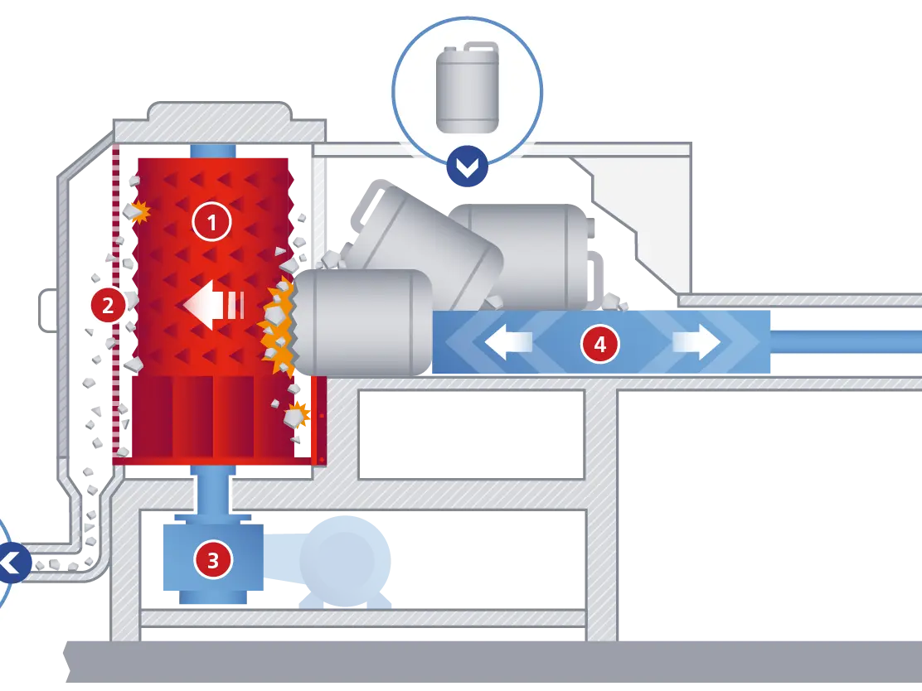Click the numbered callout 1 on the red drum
[x=211, y=222]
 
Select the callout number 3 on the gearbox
[x=212, y=561]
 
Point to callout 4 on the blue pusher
[x=599, y=344]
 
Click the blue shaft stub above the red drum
[x=213, y=152]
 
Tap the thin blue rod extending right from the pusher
[x=846, y=342]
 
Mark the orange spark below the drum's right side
[x=296, y=413]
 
